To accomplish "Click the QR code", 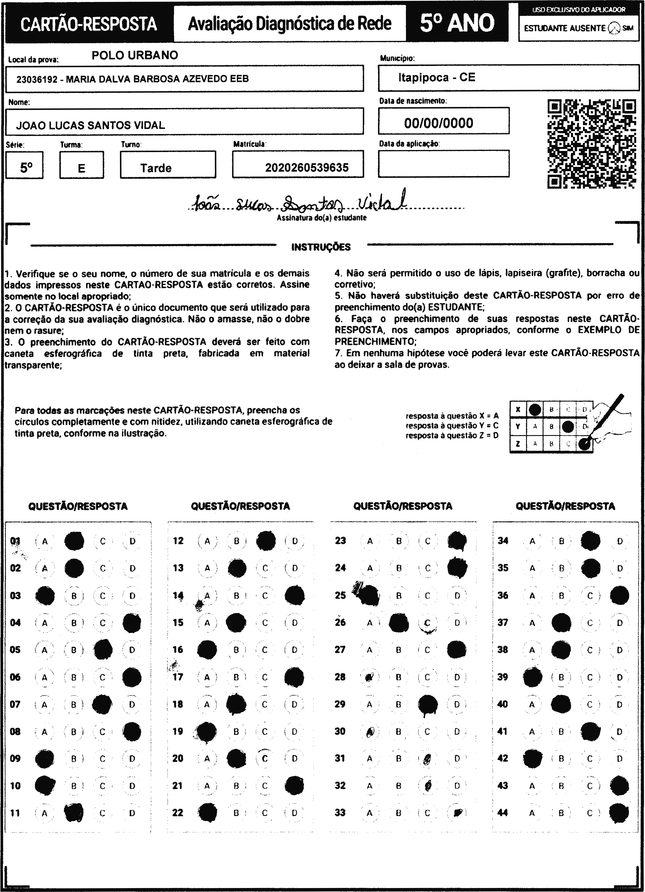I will (x=592, y=144).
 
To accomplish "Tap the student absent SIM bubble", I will (x=614, y=28).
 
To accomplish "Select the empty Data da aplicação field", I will (x=443, y=163).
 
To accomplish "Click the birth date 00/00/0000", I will (x=438, y=123).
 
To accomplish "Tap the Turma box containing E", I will (x=81, y=165).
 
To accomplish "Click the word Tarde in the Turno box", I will (x=156, y=168).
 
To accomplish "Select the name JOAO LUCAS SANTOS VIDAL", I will (x=91, y=125).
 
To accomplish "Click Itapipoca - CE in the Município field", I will (x=436, y=77).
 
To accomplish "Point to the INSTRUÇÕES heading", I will (x=321, y=247).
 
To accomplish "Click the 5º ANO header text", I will (x=457, y=23).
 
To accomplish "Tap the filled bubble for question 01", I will (x=74, y=541).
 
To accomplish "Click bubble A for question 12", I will (x=207, y=541).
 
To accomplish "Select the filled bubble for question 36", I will (x=620, y=595).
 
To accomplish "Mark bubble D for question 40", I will (x=620, y=705).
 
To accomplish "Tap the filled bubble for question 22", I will (x=207, y=813).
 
